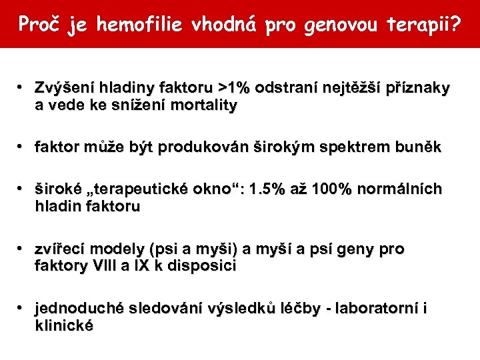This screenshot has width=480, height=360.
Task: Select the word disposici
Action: [x=203, y=266]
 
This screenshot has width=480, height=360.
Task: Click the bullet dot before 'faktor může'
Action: [x=22, y=147]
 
